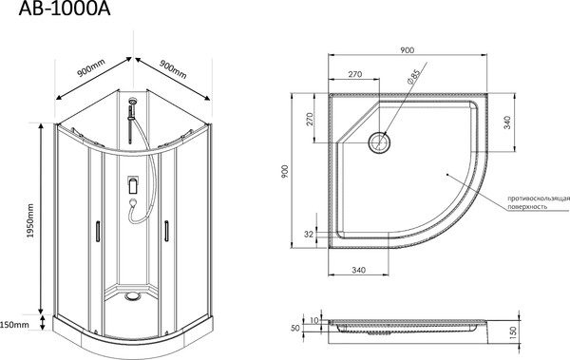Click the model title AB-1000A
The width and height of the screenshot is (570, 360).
(65, 9)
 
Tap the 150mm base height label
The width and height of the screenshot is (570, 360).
(14, 324)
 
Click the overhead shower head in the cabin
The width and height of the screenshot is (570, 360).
(133, 100)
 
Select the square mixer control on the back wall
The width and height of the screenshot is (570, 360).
(133, 184)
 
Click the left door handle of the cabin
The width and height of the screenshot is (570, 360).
(98, 231)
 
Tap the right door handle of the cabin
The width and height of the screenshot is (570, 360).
(166, 231)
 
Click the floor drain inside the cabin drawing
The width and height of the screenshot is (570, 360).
(132, 296)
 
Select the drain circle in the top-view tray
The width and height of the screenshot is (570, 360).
(379, 142)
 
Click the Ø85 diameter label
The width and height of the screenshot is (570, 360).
(413, 77)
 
